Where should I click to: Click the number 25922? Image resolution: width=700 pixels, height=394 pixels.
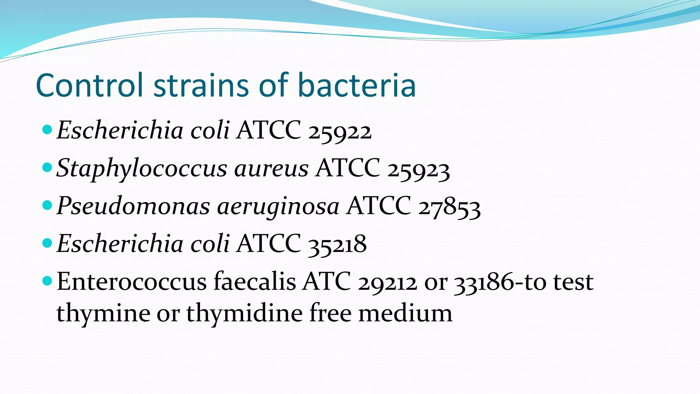(340, 131)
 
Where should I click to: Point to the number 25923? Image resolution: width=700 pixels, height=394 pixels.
(418, 169)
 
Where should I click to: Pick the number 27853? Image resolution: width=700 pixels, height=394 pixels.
(449, 207)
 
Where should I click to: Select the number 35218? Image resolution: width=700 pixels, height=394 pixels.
(337, 245)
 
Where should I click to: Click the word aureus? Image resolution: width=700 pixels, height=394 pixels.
(271, 169)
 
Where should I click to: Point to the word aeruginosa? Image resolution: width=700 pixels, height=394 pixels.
(278, 207)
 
